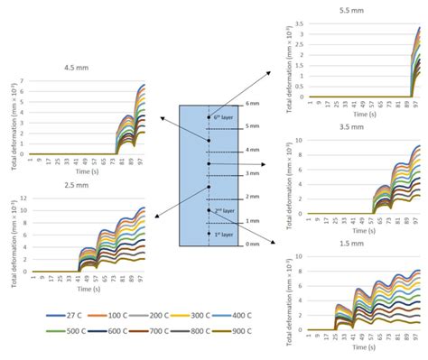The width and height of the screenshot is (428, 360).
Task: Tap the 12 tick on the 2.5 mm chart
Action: [x=21, y=198]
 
